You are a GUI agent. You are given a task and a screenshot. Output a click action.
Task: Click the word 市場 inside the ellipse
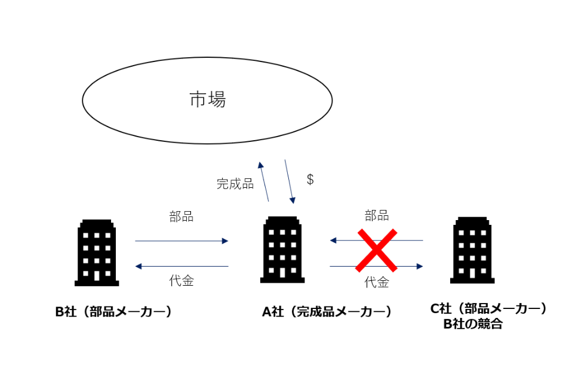click(x=207, y=100)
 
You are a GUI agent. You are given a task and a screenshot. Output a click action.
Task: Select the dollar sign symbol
click(x=310, y=178)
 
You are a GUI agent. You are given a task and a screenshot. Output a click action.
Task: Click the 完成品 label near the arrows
click(x=235, y=184)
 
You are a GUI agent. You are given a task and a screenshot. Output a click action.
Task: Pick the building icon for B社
click(x=97, y=252)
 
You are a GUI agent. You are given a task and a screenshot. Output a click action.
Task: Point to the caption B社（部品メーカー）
click(x=113, y=311)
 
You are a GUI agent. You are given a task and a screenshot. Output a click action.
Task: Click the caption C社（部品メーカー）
click(x=488, y=308)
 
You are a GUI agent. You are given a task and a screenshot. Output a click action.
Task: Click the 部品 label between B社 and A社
click(x=181, y=217)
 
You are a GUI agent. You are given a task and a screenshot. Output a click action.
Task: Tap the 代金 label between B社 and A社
click(x=181, y=281)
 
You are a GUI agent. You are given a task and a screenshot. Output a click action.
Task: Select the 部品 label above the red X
click(x=377, y=216)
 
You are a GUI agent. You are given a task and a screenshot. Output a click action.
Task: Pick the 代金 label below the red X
click(x=377, y=282)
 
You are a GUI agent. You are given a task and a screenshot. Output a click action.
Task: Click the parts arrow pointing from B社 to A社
click(x=181, y=241)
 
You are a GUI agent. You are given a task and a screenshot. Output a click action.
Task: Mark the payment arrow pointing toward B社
click(x=181, y=266)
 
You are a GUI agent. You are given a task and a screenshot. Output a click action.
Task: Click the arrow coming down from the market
click(x=290, y=181)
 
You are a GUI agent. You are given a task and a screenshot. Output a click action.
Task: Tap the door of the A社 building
click(x=282, y=274)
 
